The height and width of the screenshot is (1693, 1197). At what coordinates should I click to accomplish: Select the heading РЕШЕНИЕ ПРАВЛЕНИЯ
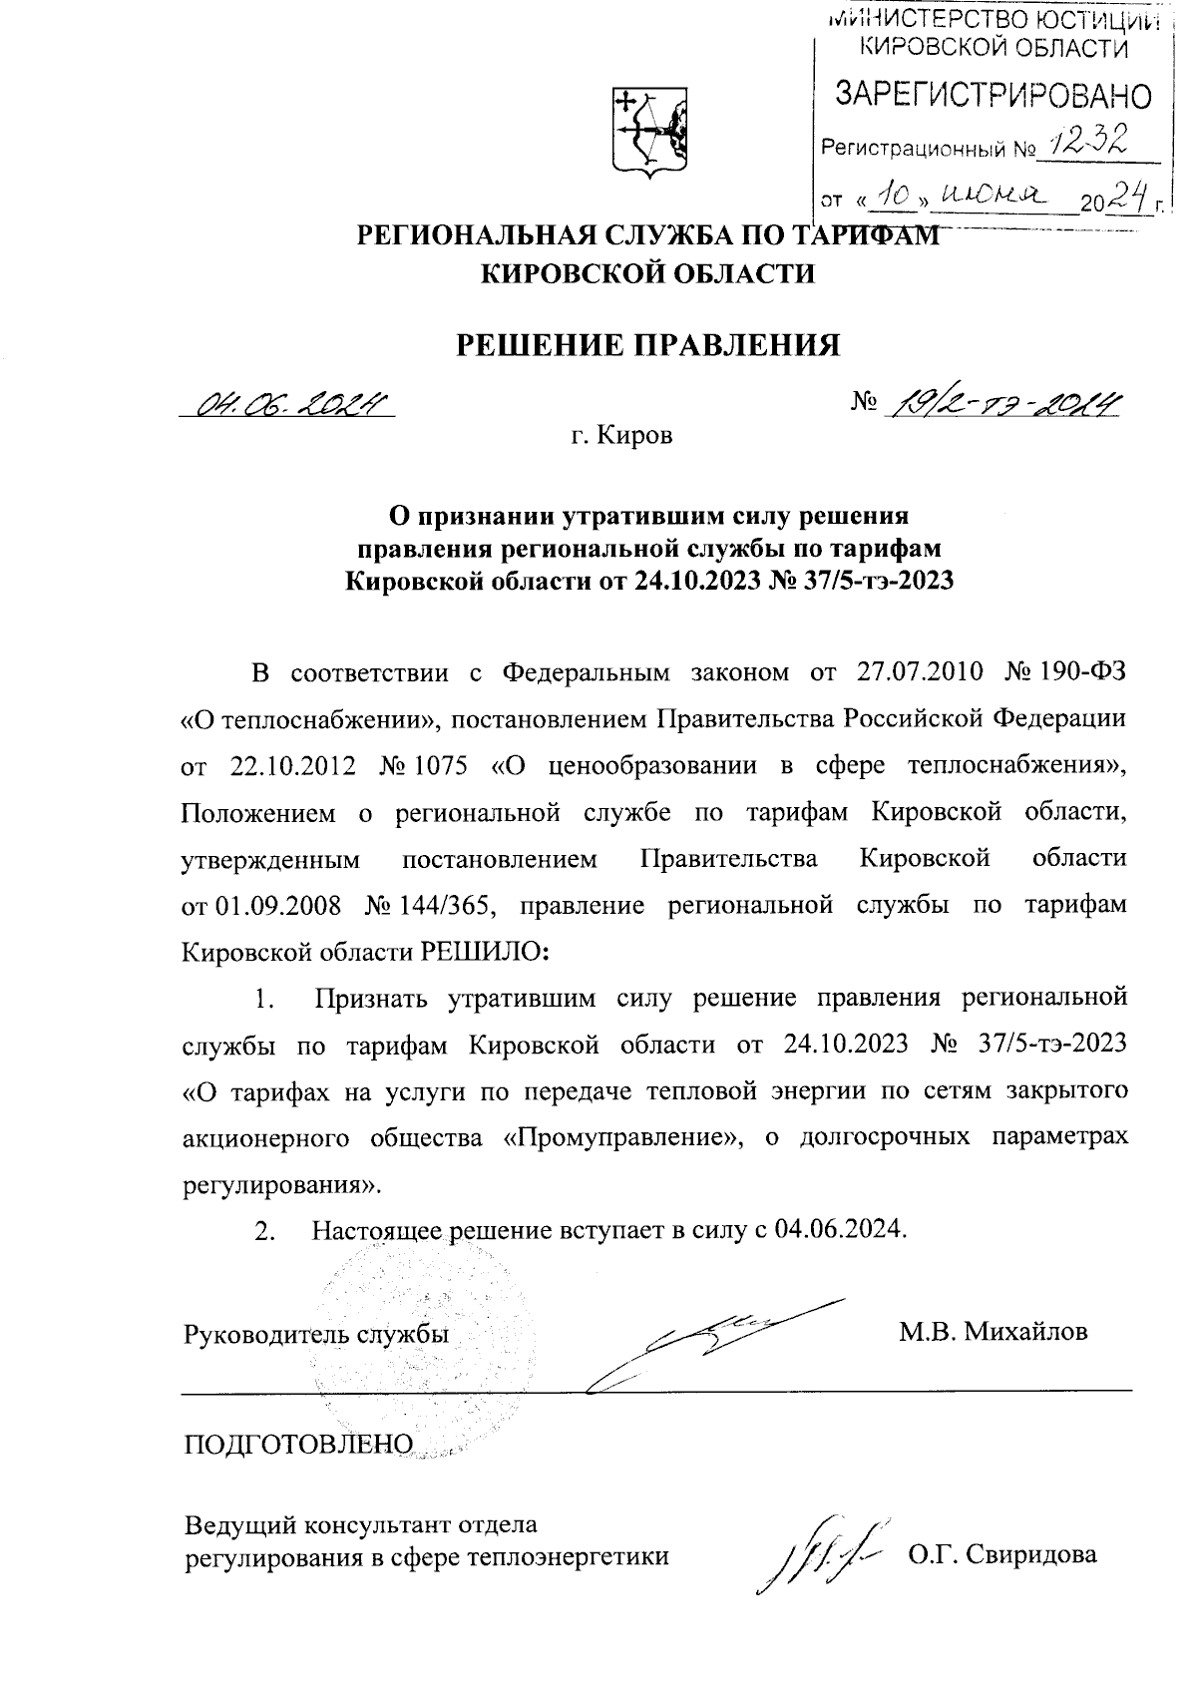point(648,344)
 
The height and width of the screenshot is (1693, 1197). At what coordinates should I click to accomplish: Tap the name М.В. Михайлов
point(993,1332)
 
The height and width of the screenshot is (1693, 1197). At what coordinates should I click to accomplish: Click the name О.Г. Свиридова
point(1001,1554)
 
